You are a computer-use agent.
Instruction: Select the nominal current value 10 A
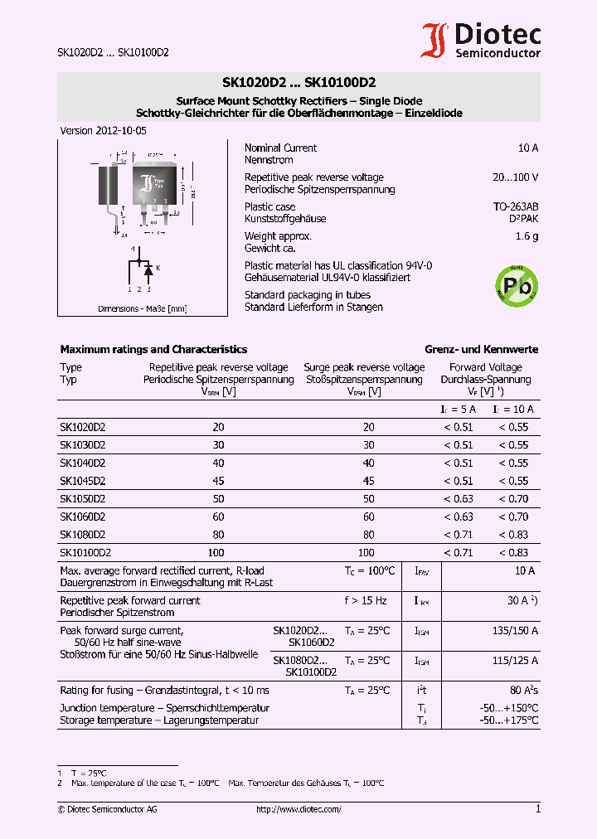pyautogui.click(x=527, y=148)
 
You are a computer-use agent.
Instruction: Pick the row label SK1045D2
pyautogui.click(x=82, y=481)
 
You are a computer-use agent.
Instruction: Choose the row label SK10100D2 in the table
pyautogui.click(x=85, y=552)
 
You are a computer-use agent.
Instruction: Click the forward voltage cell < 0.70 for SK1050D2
pyautogui.click(x=512, y=499)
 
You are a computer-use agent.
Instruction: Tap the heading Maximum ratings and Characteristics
pyautogui.click(x=153, y=350)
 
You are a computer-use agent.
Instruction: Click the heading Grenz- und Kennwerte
pyautogui.click(x=481, y=350)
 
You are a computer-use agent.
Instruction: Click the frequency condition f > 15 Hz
pyautogui.click(x=366, y=601)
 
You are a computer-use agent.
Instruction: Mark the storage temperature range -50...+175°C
pyautogui.click(x=508, y=720)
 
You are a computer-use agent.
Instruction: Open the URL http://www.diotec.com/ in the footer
pyautogui.click(x=298, y=809)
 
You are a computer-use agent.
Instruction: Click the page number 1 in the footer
pyautogui.click(x=537, y=809)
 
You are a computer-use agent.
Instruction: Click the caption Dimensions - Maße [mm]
pyautogui.click(x=142, y=308)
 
